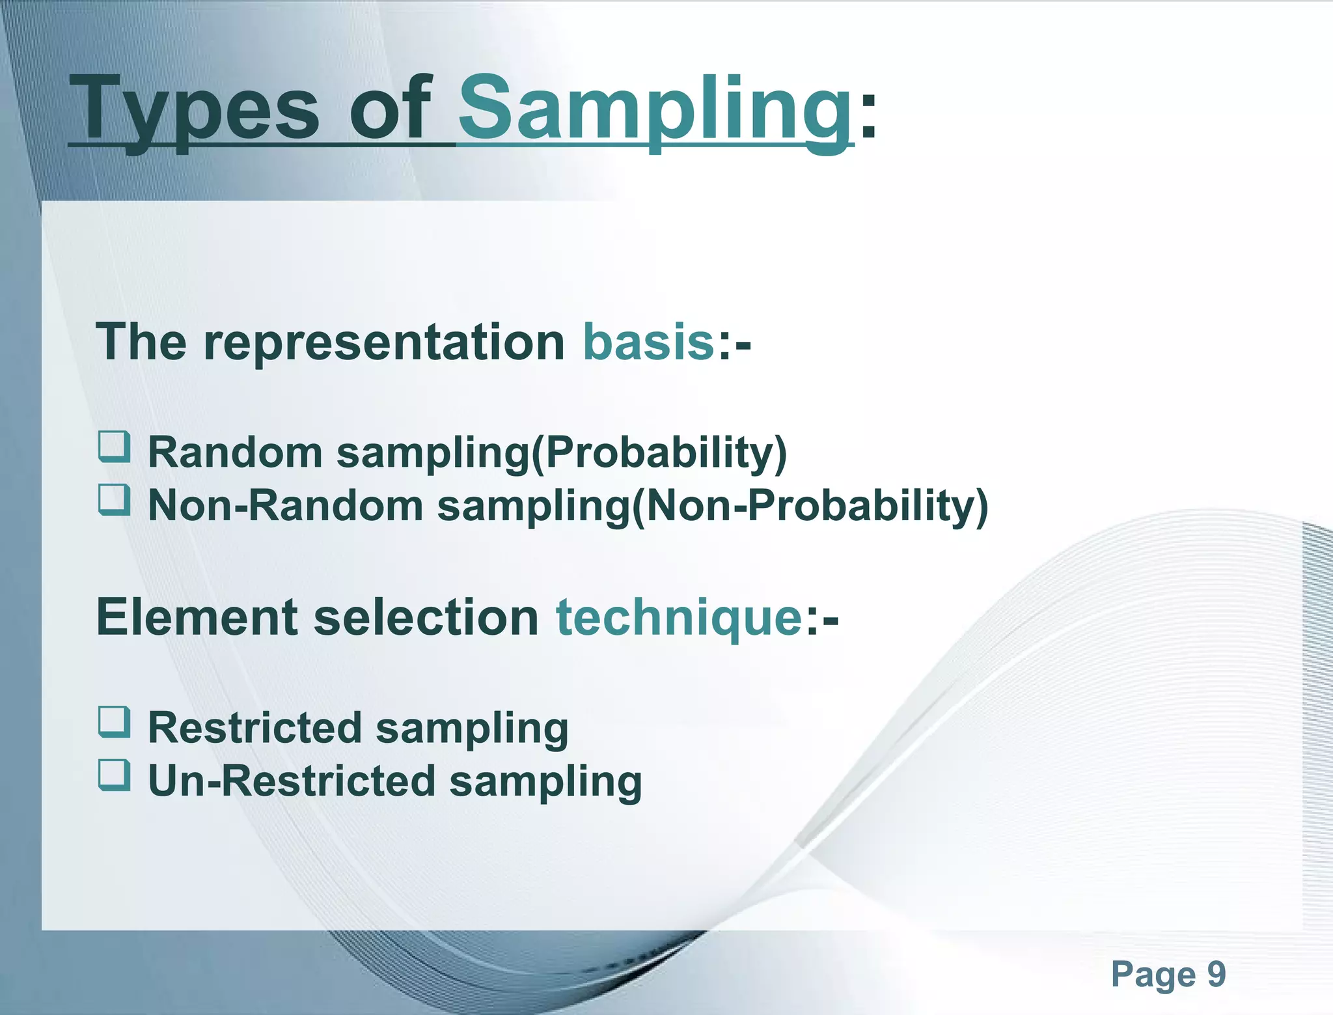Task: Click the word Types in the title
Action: tap(195, 107)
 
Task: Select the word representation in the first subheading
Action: tap(384, 342)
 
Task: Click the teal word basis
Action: tap(648, 342)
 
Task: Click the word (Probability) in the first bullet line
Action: tap(659, 452)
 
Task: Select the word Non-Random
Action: tap(285, 505)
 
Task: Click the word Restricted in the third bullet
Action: tap(254, 727)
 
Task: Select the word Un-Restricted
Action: tap(292, 781)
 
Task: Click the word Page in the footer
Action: tap(1153, 975)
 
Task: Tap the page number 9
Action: tap(1216, 975)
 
